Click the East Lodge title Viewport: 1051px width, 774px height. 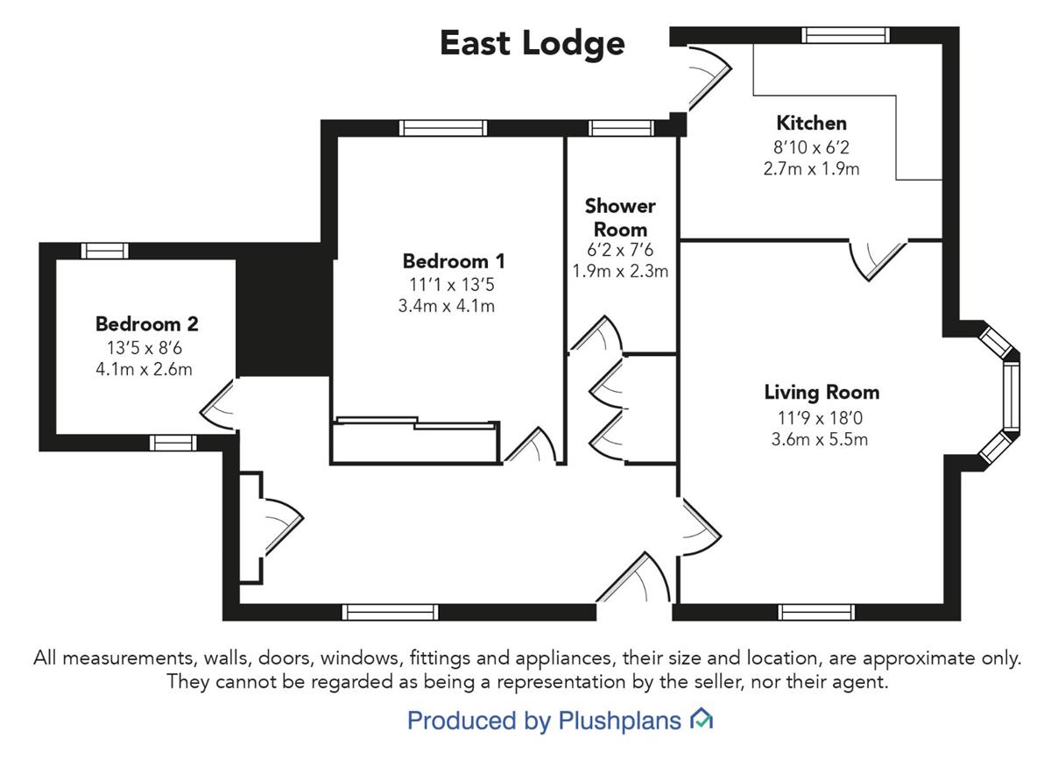tap(532, 43)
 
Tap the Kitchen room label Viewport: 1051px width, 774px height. tap(811, 123)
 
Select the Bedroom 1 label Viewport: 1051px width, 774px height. tap(454, 261)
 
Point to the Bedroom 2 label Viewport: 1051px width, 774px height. tap(147, 324)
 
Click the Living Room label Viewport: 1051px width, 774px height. tap(822, 393)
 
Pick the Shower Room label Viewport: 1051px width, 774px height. tap(620, 217)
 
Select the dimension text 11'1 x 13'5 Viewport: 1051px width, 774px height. tap(454, 284)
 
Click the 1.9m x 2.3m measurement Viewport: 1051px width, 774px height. tap(620, 271)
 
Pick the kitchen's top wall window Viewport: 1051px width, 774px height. tap(847, 35)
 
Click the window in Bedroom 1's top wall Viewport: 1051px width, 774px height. tap(442, 128)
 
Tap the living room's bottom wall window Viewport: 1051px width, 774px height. tap(816, 612)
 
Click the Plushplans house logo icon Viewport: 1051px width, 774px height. tap(702, 721)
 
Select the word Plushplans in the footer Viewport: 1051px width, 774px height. tap(619, 721)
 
